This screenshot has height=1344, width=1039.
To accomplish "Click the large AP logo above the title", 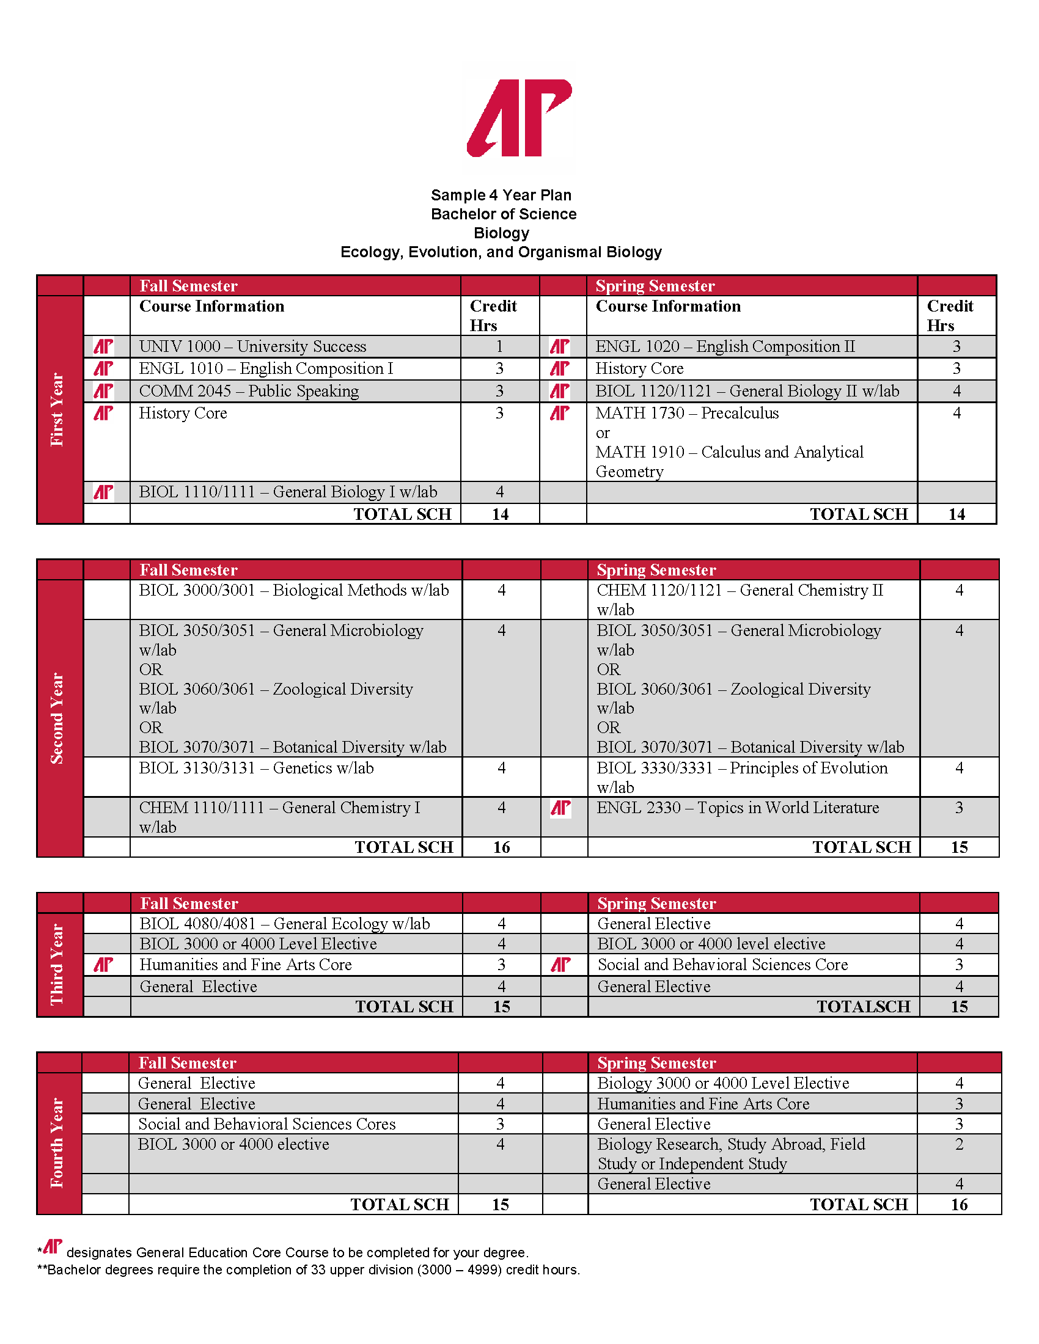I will point(519,117).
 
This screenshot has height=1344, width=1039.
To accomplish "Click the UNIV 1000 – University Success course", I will point(252,346).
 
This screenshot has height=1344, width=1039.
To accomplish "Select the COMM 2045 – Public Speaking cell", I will point(249,391).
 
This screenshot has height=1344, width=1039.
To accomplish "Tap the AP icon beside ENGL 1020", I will point(559,346).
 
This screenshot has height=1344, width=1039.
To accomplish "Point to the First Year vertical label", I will point(57,409).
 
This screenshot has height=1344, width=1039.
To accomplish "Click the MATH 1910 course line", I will point(729,452).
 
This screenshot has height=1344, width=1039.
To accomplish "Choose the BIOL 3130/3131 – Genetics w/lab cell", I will point(256,768).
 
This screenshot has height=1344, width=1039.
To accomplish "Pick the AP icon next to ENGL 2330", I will point(560,808).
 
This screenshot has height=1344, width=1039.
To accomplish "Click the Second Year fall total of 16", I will point(501,847).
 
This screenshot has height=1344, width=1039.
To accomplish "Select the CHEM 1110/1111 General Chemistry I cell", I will point(279,808).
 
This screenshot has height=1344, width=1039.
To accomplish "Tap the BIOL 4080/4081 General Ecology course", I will point(284,924).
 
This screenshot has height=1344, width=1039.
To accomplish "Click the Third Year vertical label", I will point(57,964).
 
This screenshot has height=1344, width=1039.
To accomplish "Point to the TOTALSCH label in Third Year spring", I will point(863,1007).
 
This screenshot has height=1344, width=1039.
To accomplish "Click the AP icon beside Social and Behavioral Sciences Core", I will point(560,965).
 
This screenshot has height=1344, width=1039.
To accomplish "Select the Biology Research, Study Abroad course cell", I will point(730,1154).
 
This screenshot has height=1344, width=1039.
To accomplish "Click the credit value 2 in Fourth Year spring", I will point(959,1145).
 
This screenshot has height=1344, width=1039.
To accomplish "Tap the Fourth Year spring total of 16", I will point(959,1204).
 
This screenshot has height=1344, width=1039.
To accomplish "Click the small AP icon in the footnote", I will point(53,1246).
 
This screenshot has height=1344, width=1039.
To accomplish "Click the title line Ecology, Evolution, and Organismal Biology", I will point(501,252).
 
